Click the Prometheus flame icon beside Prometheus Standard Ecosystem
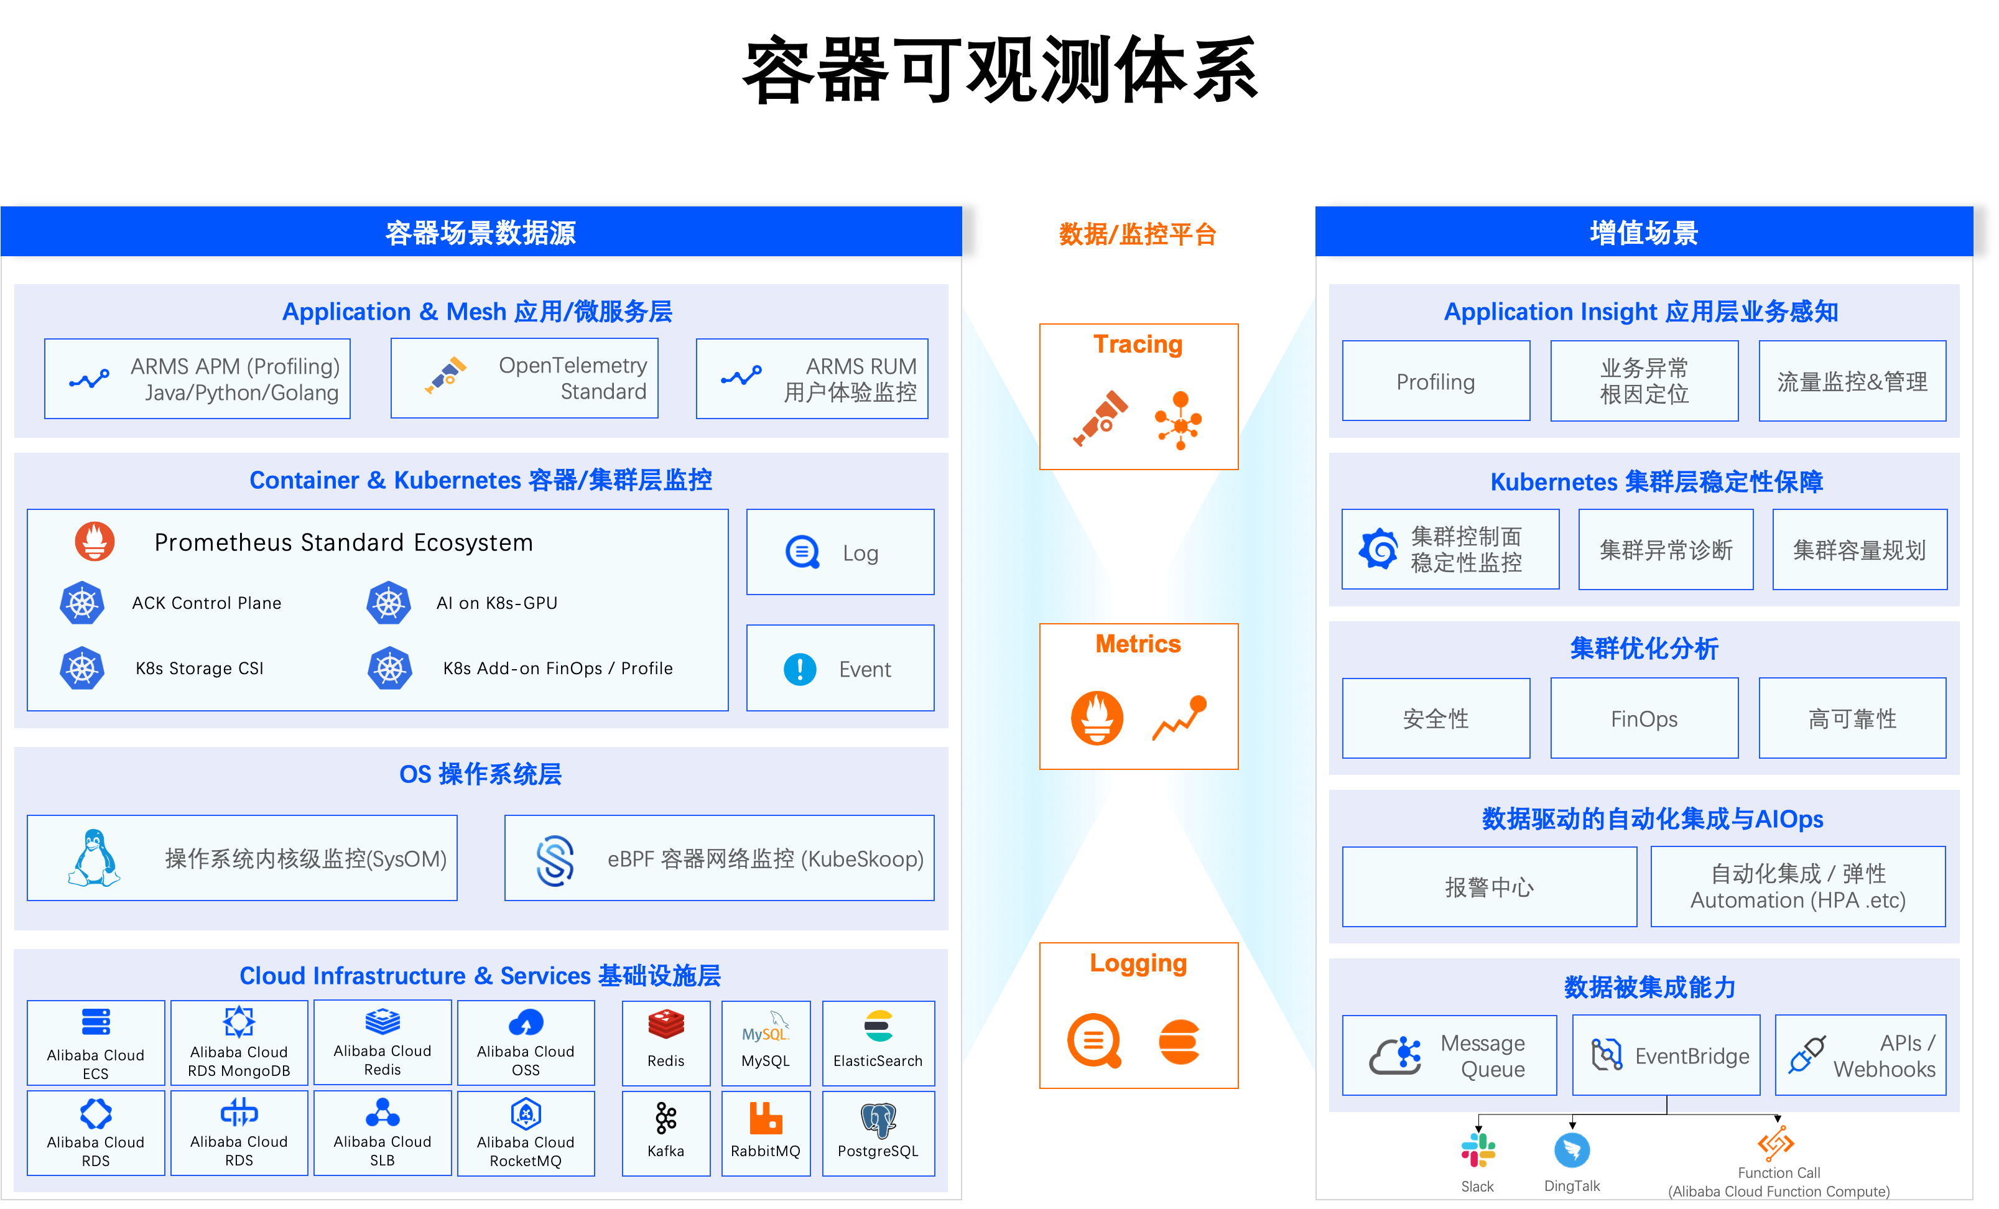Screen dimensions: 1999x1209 tap(95, 541)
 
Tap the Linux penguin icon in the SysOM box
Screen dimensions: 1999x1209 tap(94, 858)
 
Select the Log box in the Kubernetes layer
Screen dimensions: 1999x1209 tap(840, 552)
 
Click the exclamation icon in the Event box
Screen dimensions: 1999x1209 tap(800, 669)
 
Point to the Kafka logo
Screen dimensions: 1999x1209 tap(666, 1118)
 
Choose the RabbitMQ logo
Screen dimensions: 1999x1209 tap(765, 1118)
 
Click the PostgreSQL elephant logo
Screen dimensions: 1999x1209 tap(879, 1119)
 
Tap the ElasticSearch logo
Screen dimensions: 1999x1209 tap(879, 1026)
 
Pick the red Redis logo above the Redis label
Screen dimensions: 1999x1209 tap(666, 1025)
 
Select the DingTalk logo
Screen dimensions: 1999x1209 tap(1572, 1151)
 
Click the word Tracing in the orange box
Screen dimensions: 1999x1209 tap(1138, 344)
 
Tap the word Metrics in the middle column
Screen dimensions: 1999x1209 tap(1138, 644)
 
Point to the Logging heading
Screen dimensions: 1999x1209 tap(1138, 963)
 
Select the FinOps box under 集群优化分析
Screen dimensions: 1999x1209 tap(1644, 718)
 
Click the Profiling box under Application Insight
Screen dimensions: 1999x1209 tap(1436, 381)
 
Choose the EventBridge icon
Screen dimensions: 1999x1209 tap(1607, 1055)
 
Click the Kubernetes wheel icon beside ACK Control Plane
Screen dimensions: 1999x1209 tap(82, 603)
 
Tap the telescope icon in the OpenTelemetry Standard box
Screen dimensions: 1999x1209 tap(445, 376)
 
